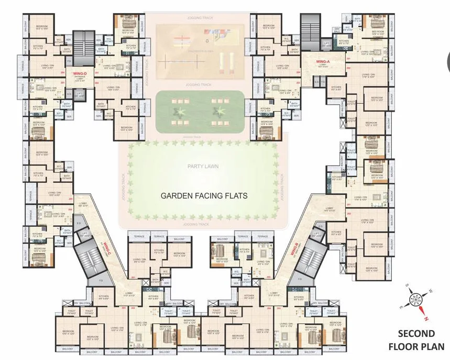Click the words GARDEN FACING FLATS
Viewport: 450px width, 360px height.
[204, 195]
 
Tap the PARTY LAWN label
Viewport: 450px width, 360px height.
[203, 167]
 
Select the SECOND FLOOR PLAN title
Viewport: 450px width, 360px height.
[416, 340]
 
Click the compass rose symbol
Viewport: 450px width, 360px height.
[417, 300]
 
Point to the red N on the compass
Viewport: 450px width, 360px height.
[426, 317]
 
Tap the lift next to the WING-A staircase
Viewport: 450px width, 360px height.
[327, 45]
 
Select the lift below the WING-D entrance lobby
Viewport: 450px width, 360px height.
[79, 95]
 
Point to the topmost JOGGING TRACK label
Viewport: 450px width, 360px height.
[198, 17]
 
